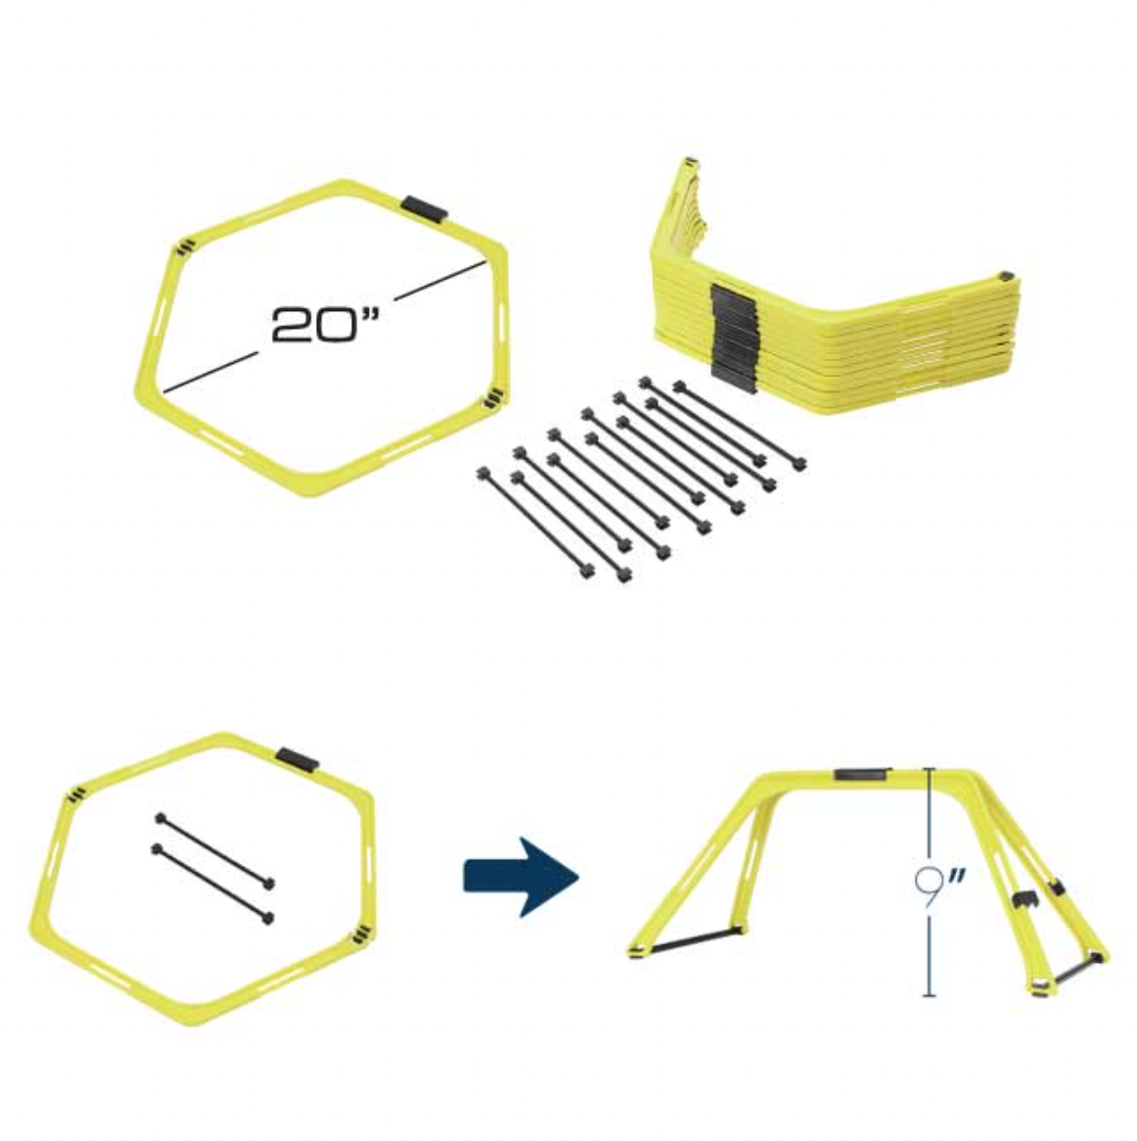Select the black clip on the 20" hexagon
point(425,207)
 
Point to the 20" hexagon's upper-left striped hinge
point(184,249)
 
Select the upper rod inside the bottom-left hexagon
point(214,847)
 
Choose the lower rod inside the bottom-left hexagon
point(212,882)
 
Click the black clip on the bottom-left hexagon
point(295,757)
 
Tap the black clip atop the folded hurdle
point(862,775)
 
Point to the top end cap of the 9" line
point(928,770)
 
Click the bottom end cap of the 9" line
point(929,996)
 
